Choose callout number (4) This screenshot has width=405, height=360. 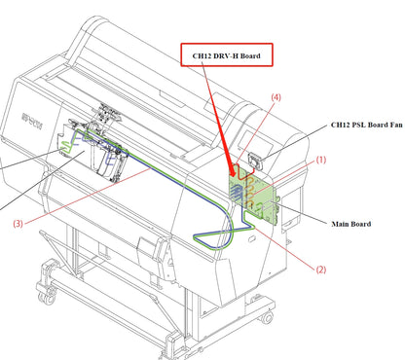277,98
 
